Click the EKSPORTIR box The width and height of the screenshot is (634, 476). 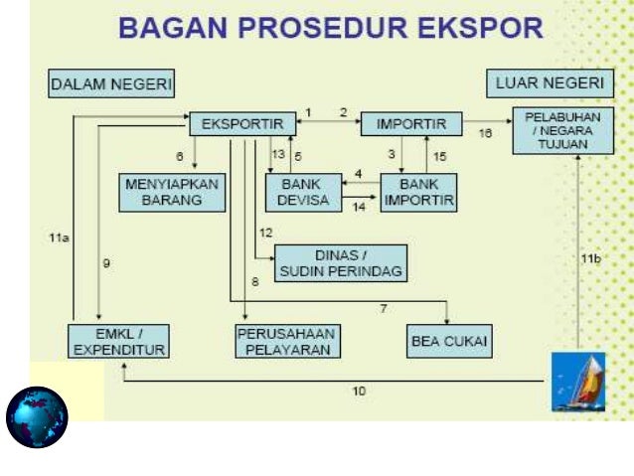click(x=241, y=124)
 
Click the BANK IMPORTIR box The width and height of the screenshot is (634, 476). click(x=417, y=192)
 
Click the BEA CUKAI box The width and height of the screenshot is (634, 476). click(x=450, y=342)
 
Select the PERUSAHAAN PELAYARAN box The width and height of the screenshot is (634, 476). click(x=287, y=341)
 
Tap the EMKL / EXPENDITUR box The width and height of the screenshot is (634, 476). click(x=118, y=341)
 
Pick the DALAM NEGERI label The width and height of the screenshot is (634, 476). click(x=111, y=85)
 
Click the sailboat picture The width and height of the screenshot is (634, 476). click(x=578, y=382)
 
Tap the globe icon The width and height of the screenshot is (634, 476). click(x=37, y=416)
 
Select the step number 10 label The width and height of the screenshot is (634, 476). click(x=359, y=392)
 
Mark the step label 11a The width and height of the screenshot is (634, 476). click(x=58, y=238)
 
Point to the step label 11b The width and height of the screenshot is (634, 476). click(x=591, y=258)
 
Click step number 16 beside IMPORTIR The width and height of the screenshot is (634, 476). click(x=485, y=132)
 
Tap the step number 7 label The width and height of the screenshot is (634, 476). click(x=383, y=309)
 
